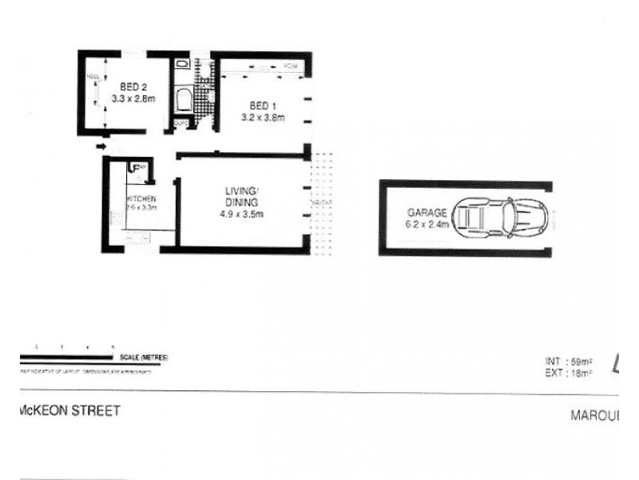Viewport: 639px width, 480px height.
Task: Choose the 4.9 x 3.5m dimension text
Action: pos(242,214)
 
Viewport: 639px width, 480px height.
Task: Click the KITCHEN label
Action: pos(141,198)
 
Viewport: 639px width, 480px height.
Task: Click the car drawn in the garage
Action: pos(499,219)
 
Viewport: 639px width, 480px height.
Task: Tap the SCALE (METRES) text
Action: pos(145,357)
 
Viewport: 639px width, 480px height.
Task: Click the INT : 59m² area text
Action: pos(567,362)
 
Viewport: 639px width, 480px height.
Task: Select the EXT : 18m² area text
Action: pos(567,372)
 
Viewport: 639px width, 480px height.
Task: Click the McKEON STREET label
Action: pos(69,411)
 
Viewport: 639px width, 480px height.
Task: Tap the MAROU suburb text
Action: pos(594,415)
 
